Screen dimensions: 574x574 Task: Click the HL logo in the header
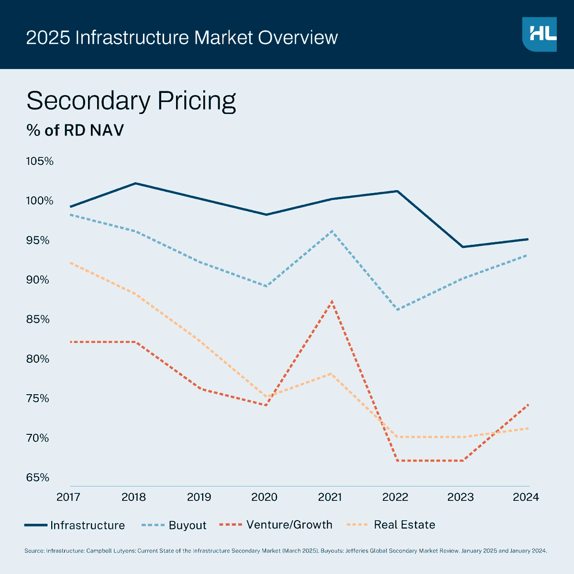point(539,34)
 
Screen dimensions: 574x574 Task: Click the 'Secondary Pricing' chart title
point(131,101)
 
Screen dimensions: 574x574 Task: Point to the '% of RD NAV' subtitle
point(75,130)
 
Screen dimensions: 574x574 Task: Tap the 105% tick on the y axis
point(40,161)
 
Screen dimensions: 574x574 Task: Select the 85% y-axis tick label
point(38,319)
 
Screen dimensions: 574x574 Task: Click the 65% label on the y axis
point(38,477)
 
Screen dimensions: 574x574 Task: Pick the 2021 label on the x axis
point(330,497)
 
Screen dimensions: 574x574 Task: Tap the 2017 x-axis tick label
point(68,497)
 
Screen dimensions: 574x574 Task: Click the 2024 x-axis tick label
point(526,497)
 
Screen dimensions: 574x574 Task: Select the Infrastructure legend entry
point(75,525)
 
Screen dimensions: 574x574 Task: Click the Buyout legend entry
point(175,525)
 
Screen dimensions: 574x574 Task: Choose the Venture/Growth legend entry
point(276,525)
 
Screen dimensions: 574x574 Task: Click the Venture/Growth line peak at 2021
point(331,301)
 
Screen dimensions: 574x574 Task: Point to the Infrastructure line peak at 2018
point(135,183)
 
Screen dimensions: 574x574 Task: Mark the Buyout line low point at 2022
point(397,309)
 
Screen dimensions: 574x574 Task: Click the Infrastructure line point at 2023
point(463,247)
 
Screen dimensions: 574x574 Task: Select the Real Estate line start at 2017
point(71,263)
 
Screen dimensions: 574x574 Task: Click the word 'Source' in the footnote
point(34,551)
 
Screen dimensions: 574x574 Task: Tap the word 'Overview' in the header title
point(298,37)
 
